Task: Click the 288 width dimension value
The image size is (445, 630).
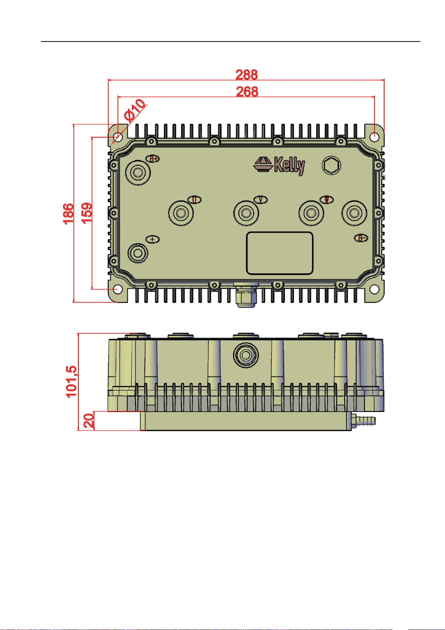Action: pyautogui.click(x=246, y=74)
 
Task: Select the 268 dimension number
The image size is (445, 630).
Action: pyautogui.click(x=247, y=91)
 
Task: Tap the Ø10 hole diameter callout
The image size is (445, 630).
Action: pyautogui.click(x=135, y=110)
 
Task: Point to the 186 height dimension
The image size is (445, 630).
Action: pyautogui.click(x=69, y=213)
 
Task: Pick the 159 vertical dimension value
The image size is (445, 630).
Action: pyautogui.click(x=87, y=212)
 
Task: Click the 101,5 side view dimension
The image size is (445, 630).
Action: pyautogui.click(x=71, y=381)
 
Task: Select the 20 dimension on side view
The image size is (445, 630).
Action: pyautogui.click(x=89, y=421)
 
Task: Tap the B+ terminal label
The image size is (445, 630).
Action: pyautogui.click(x=153, y=159)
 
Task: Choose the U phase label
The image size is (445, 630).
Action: pyautogui.click(x=194, y=200)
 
